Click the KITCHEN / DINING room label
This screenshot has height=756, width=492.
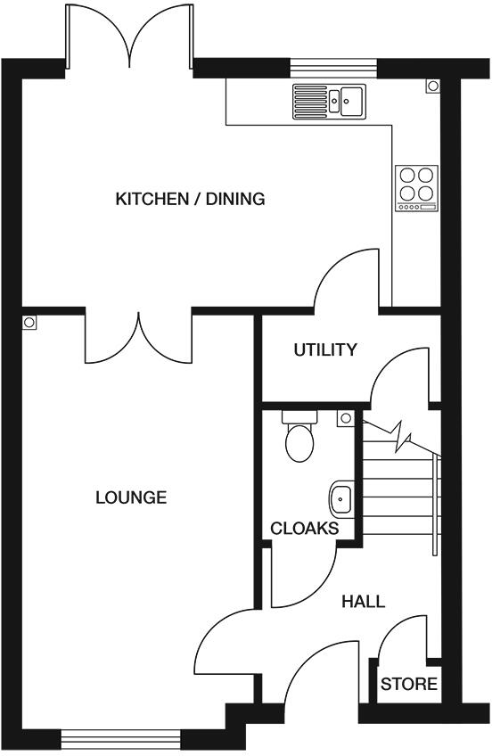point(190,199)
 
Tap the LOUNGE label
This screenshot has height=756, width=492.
point(131,497)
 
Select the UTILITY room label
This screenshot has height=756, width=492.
point(325,349)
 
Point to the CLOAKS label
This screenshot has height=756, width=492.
point(304,529)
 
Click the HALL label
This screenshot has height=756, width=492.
point(364,602)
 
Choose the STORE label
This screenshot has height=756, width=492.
point(409,685)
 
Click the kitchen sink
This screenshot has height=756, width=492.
point(328,101)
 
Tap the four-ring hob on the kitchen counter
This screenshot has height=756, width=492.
point(417,188)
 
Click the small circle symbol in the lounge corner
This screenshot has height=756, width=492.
point(30,323)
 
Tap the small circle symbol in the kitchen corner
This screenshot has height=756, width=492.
point(432,86)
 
